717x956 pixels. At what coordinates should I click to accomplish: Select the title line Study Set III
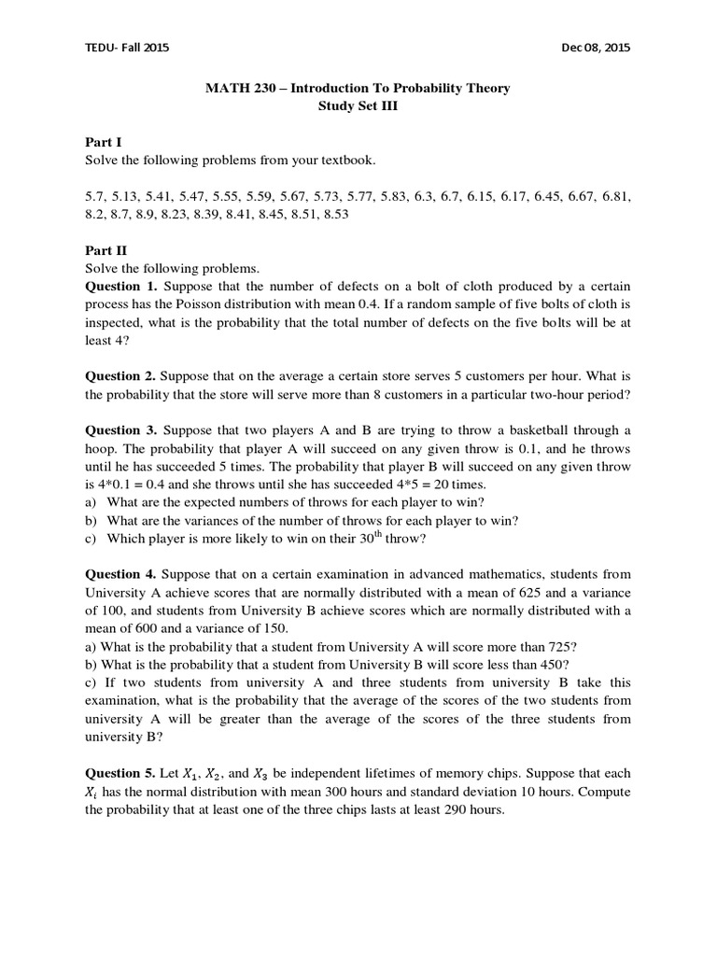pyautogui.click(x=358, y=106)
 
